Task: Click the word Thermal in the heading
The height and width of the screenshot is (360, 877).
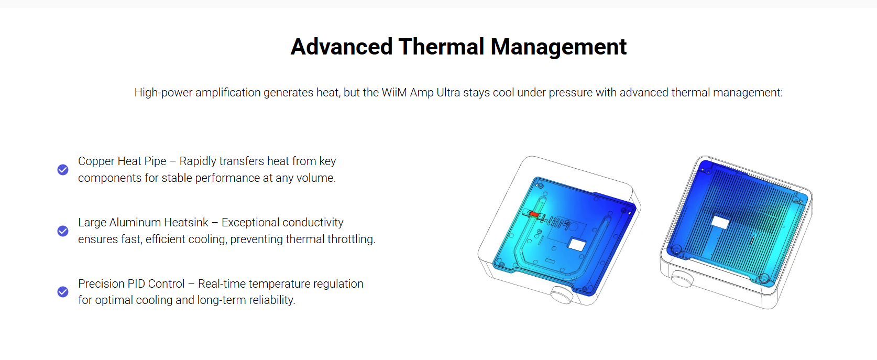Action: click(441, 47)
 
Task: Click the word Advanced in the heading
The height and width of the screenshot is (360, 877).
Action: click(342, 47)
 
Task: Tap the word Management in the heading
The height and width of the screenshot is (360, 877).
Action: click(558, 47)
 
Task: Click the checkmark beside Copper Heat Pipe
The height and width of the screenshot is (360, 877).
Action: click(63, 170)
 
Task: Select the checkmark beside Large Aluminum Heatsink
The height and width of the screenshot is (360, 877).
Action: click(63, 231)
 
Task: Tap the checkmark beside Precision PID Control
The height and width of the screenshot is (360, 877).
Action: click(63, 292)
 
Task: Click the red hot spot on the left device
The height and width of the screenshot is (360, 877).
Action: click(534, 214)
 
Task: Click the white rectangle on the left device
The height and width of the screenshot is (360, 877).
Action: click(577, 245)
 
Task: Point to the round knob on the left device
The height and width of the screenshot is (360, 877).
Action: click(562, 294)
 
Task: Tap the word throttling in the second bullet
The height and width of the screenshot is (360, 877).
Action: click(351, 239)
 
